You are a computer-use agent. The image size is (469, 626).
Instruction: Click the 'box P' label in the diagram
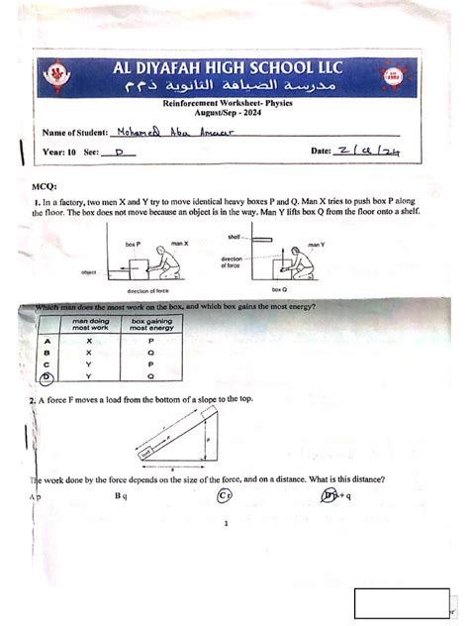click(x=132, y=243)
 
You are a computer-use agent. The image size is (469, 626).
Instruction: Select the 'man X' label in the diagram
click(x=179, y=243)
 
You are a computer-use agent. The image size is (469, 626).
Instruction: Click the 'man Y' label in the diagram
click(x=316, y=243)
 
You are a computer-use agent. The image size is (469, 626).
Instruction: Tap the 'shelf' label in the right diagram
click(x=234, y=238)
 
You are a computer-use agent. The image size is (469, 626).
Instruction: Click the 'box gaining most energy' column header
click(x=151, y=324)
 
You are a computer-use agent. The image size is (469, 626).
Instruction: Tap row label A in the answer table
click(x=47, y=339)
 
